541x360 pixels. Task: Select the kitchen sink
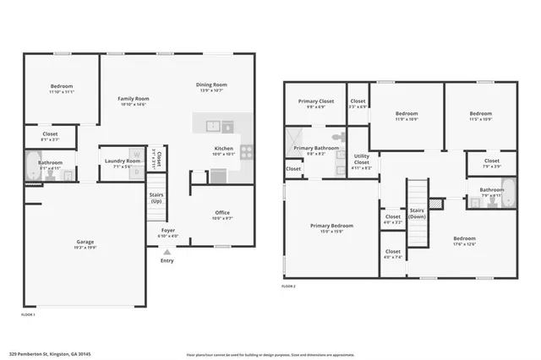215,126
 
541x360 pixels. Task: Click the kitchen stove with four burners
247,153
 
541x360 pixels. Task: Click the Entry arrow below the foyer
167,252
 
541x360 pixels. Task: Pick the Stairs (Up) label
157,198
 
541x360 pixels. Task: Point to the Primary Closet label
314,102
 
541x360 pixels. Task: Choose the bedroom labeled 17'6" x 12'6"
464,240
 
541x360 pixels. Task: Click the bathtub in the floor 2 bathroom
507,194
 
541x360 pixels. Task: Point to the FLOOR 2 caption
289,286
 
